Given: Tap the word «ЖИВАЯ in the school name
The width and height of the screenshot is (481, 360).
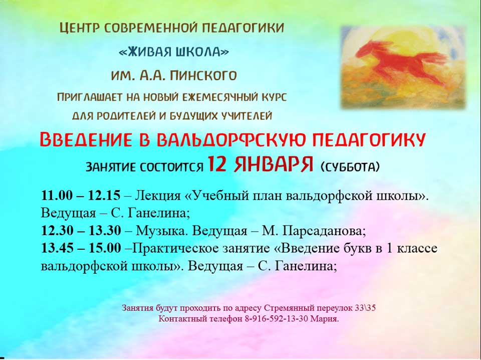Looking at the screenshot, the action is pyautogui.click(x=145, y=52).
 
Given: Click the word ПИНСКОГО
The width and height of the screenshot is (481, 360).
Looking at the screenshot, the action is pyautogui.click(x=203, y=76).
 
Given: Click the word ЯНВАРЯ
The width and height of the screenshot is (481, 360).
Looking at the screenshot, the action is pyautogui.click(x=274, y=164).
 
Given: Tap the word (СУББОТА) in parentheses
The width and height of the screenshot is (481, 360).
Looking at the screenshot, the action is pyautogui.click(x=350, y=167).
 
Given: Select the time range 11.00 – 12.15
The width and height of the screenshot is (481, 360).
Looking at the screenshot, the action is pyautogui.click(x=81, y=195).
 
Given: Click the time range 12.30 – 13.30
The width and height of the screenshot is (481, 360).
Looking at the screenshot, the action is pyautogui.click(x=81, y=231).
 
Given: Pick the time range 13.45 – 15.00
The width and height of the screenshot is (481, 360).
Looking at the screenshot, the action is pyautogui.click(x=81, y=248).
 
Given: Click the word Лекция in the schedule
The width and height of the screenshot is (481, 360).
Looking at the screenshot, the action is pyautogui.click(x=158, y=196).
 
